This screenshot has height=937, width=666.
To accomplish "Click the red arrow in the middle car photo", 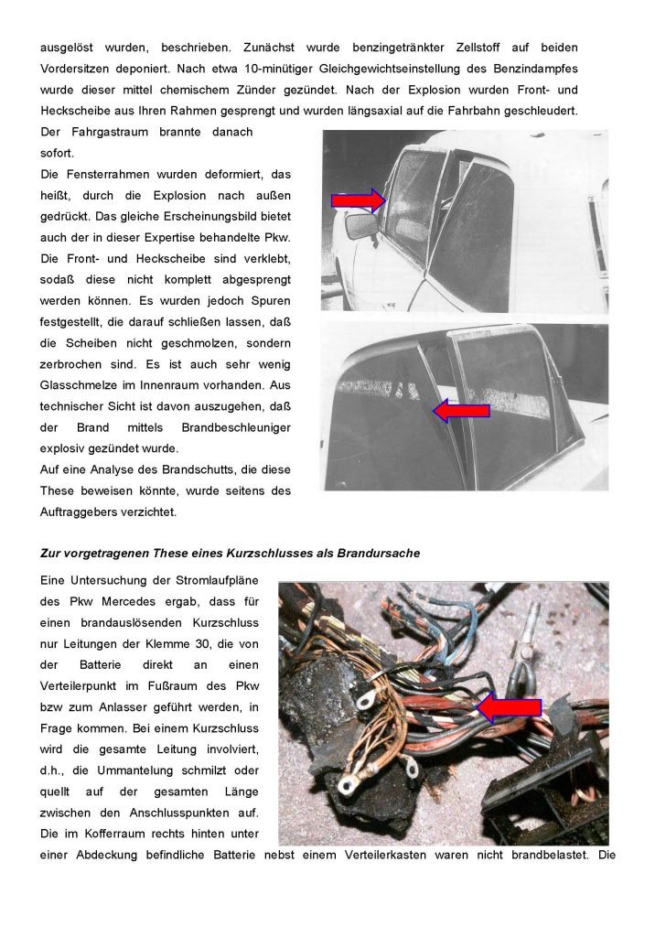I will (x=461, y=412).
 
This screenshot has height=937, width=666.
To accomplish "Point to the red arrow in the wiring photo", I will (x=510, y=705).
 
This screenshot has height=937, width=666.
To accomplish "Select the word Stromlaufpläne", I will (x=214, y=580).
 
